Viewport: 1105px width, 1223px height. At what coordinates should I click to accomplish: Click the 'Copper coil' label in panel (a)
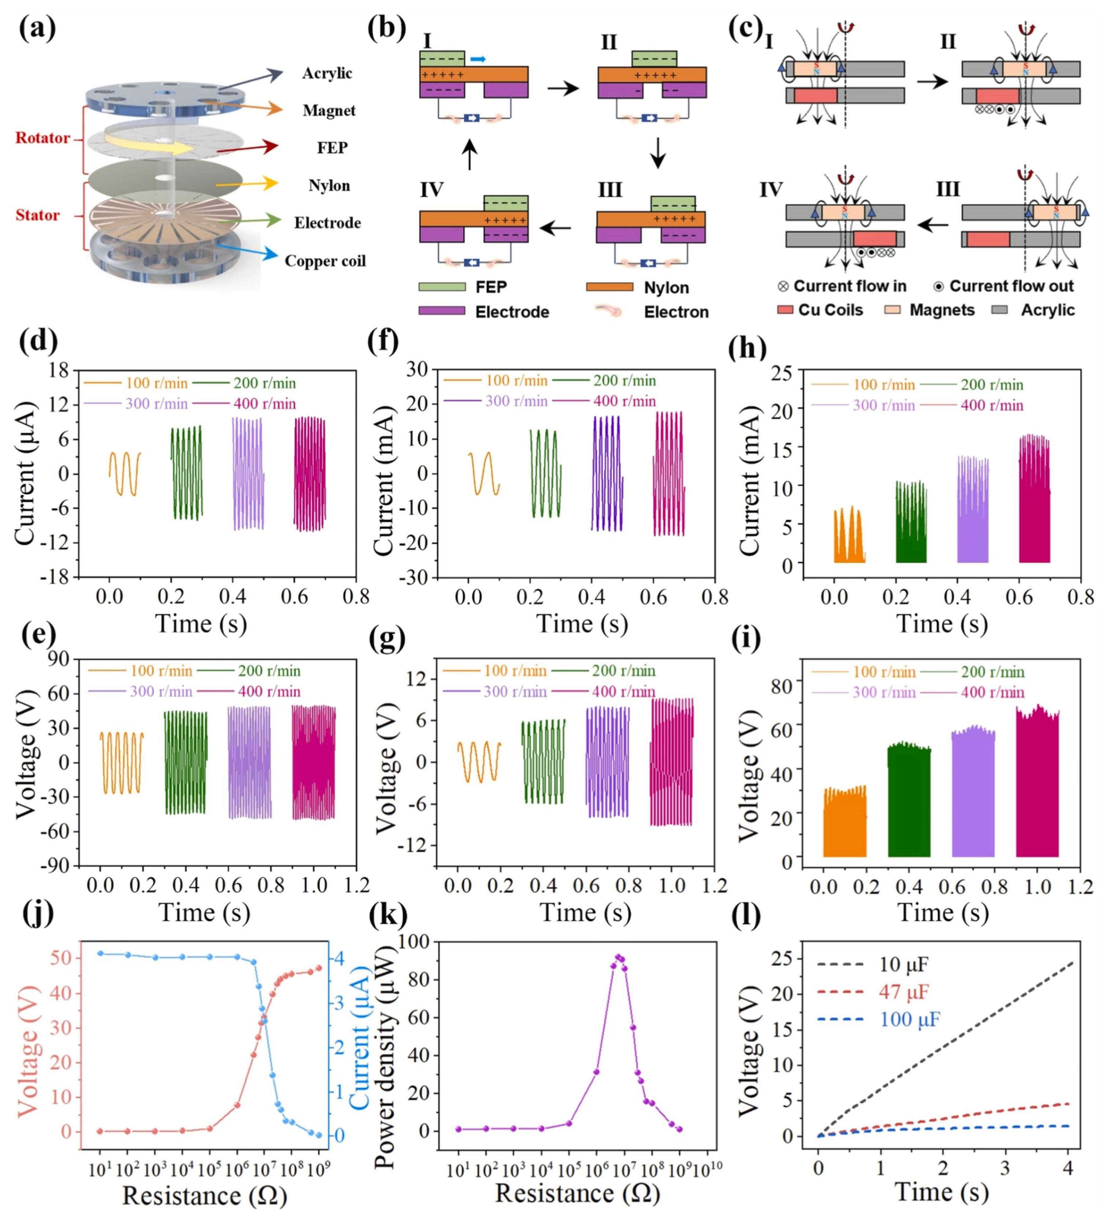click(x=325, y=261)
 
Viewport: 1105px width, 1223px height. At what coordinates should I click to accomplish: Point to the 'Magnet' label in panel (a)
click(x=329, y=110)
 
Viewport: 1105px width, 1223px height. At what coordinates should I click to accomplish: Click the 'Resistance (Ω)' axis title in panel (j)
click(x=204, y=1196)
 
